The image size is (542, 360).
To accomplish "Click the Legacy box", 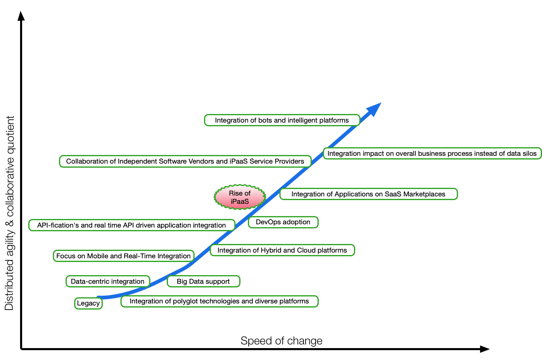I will click(88, 303).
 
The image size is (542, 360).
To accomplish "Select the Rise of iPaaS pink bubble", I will click(240, 197).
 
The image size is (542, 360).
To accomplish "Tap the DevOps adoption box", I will click(283, 222).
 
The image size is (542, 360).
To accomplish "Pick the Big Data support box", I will click(203, 281).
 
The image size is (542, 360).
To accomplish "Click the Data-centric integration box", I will click(108, 281).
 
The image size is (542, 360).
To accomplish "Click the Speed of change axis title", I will click(281, 341).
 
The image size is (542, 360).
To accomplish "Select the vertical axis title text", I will click(9, 213).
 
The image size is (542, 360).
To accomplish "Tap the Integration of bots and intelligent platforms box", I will click(282, 120).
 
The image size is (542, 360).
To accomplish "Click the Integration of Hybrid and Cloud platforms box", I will click(282, 250).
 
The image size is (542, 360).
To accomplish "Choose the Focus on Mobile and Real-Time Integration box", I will click(123, 256).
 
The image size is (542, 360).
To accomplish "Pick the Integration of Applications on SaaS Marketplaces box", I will click(368, 194).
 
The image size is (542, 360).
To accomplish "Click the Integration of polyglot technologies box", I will click(219, 301).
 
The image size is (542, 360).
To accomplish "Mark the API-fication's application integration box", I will click(132, 225).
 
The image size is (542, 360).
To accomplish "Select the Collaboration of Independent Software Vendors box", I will click(185, 161).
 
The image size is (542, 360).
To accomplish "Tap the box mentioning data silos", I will click(432, 154).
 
